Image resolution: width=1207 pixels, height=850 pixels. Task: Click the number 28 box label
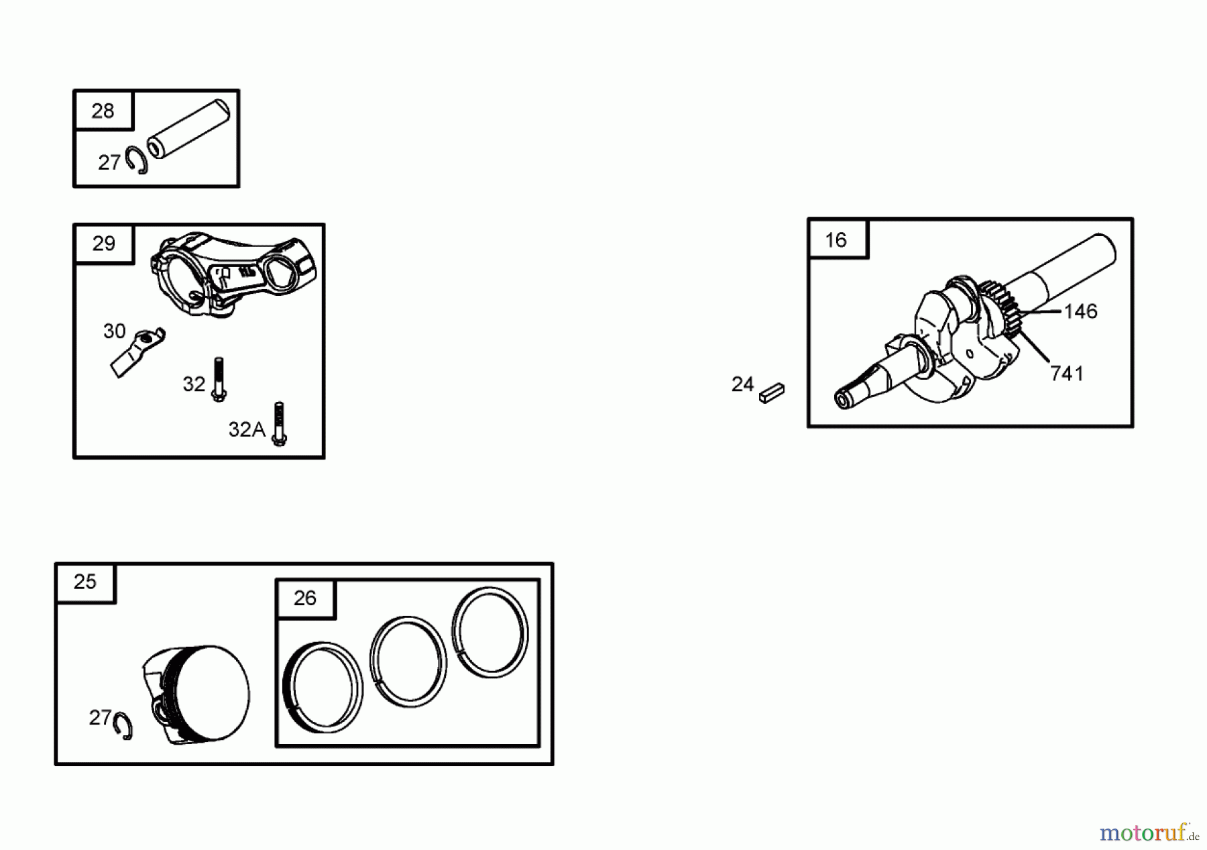103,111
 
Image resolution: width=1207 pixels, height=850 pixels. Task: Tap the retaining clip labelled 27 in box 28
138,160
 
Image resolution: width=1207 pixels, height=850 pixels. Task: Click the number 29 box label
104,244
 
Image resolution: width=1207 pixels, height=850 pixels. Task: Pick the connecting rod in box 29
233,274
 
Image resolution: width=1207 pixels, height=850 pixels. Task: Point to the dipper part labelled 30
137,352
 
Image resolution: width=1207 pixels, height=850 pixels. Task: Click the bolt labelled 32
218,380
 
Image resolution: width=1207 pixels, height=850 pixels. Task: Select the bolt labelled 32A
280,423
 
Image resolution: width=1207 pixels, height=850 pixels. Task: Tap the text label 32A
247,429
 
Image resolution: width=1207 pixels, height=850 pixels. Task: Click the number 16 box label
836,240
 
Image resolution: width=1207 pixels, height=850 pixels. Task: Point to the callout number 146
1080,311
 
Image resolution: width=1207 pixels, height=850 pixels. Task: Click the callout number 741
1066,374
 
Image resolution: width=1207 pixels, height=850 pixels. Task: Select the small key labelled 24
772,392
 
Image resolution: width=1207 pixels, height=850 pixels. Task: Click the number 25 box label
85,582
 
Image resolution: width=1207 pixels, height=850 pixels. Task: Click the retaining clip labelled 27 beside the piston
123,725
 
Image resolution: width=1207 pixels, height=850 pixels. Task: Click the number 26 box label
305,598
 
